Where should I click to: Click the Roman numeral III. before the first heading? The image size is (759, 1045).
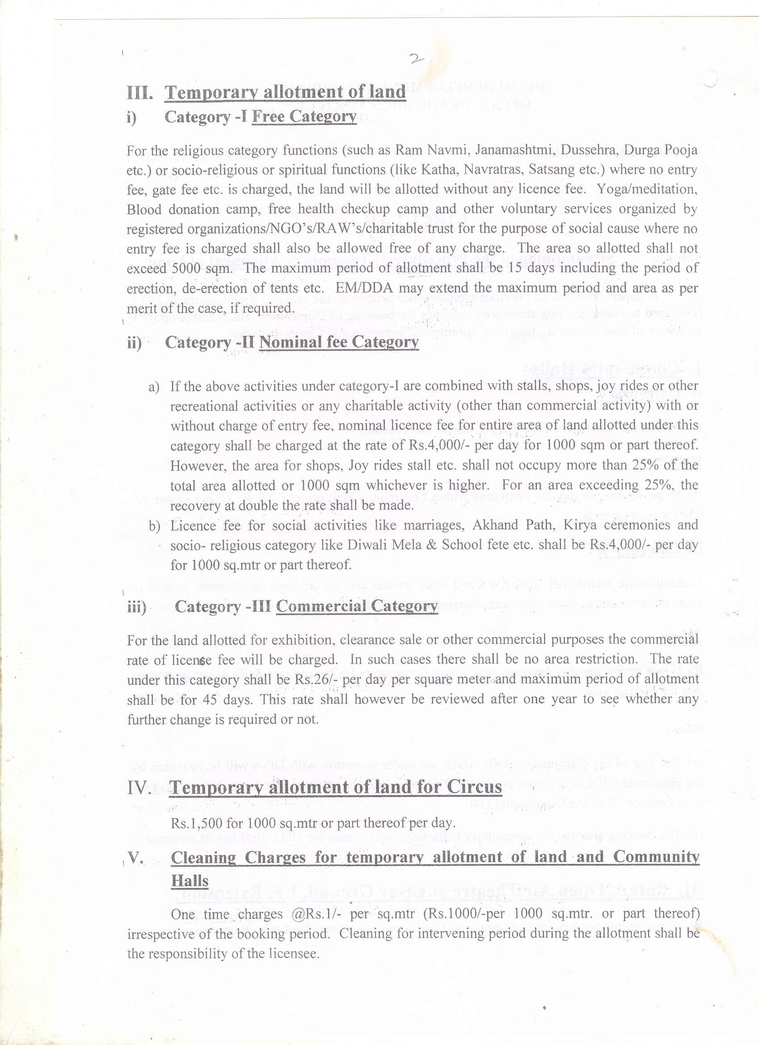click(x=140, y=92)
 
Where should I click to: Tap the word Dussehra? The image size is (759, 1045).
click(x=583, y=150)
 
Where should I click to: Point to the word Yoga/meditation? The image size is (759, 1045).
click(x=647, y=189)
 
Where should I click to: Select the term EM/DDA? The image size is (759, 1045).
click(x=364, y=289)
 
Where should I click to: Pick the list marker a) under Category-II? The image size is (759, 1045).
click(x=154, y=386)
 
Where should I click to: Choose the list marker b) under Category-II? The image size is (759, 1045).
click(x=154, y=526)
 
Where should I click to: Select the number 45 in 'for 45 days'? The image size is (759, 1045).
click(x=210, y=700)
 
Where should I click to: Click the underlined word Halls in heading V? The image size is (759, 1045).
click(x=189, y=881)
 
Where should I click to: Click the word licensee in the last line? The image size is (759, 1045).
click(x=293, y=954)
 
